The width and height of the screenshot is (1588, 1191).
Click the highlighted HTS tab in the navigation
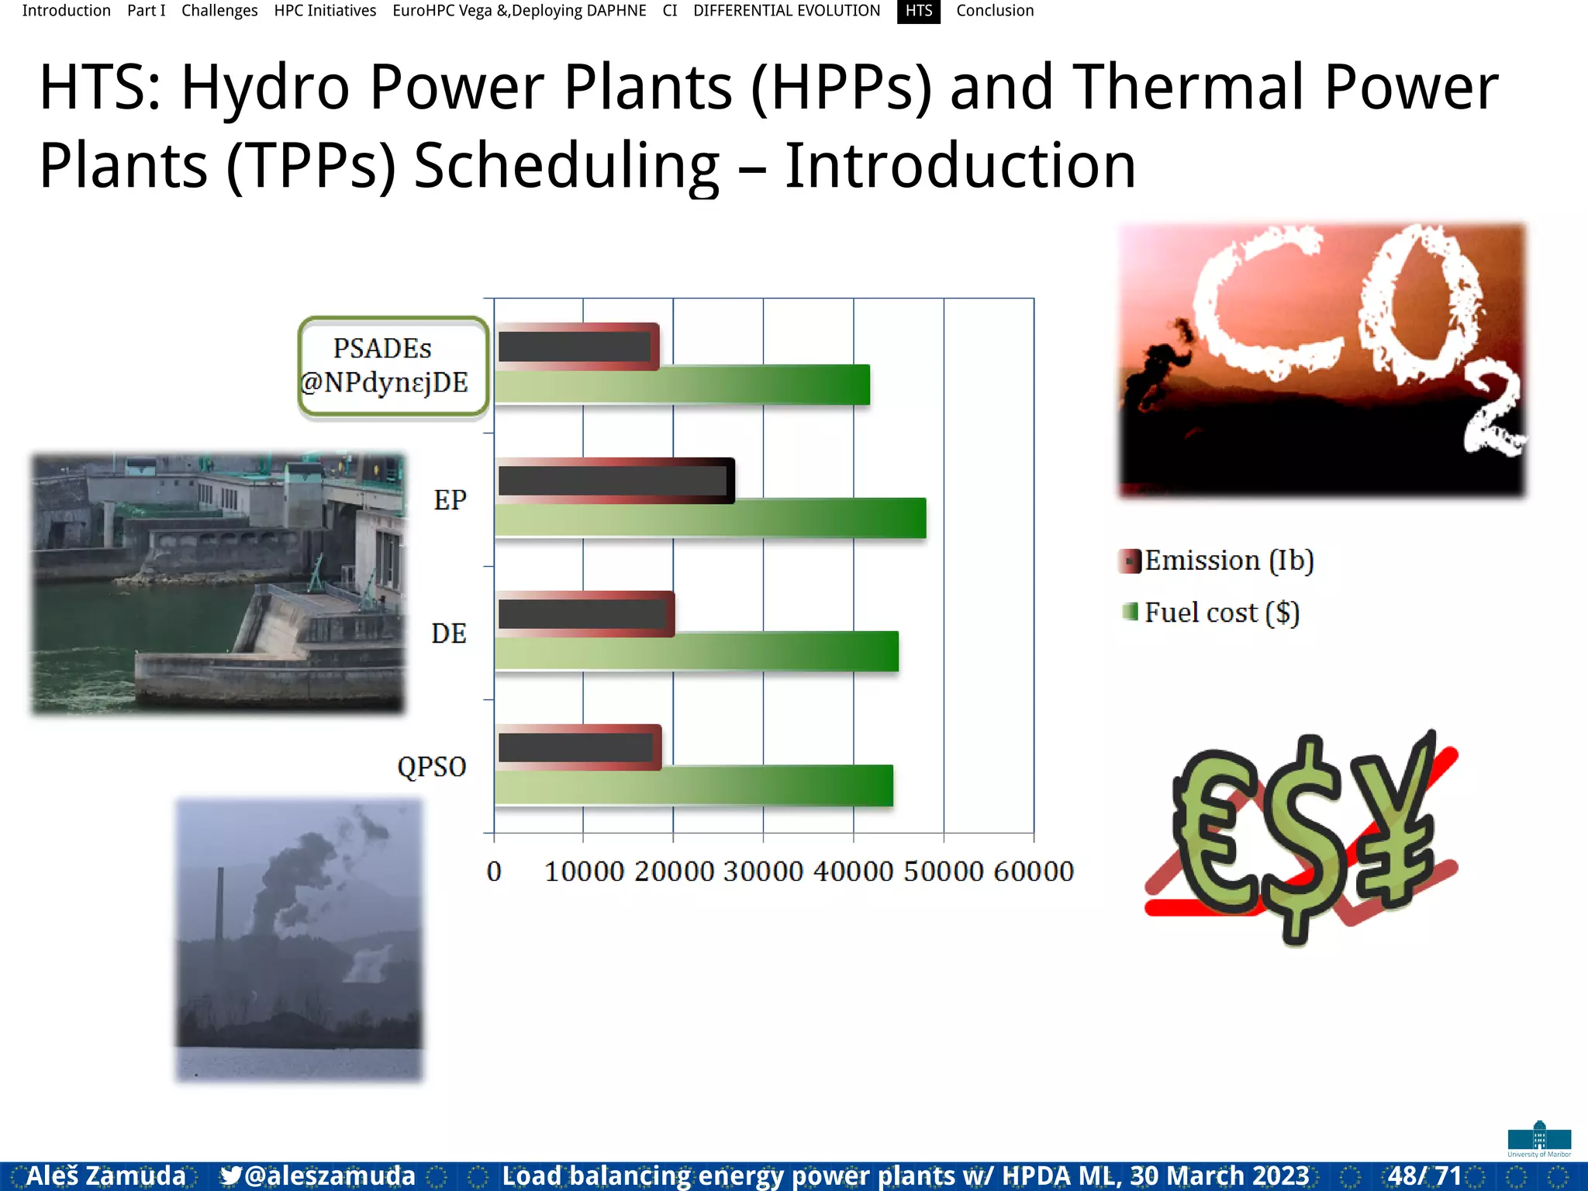pos(919,11)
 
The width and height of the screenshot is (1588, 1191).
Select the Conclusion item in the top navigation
pos(995,11)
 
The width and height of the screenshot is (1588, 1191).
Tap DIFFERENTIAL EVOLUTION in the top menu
pos(786,11)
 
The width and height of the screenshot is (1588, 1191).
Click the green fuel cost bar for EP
pos(709,518)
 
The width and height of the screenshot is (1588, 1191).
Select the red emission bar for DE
pos(585,614)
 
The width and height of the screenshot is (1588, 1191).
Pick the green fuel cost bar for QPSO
pos(694,785)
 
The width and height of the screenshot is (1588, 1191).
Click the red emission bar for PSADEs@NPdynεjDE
pos(578,347)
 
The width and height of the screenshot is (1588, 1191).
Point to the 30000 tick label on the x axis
pos(763,872)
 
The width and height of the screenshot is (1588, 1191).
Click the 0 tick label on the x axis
pos(494,872)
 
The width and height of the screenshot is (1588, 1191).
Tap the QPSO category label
pos(432,767)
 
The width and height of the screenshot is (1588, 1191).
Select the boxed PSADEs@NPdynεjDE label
pos(393,366)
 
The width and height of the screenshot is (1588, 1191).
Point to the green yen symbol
pos(1392,822)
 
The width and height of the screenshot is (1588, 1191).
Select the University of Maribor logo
pos(1539,1139)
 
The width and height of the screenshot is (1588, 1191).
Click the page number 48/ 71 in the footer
pos(1424,1175)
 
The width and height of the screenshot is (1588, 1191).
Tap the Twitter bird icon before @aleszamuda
pos(230,1175)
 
